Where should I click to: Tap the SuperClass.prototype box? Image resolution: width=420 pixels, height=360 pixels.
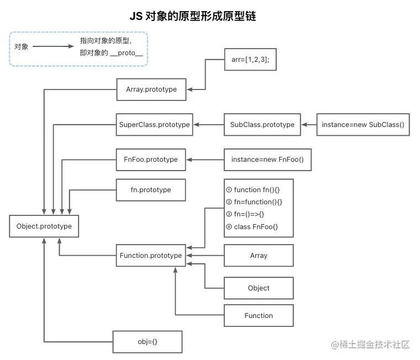point(154,125)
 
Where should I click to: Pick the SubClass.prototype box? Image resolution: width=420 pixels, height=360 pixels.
point(262,125)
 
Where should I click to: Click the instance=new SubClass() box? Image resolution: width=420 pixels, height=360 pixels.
point(363,125)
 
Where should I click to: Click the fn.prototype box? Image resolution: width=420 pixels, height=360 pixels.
point(151,190)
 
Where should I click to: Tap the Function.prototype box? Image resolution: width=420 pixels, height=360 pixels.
point(151,256)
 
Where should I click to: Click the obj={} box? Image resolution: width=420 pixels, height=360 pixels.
point(148,342)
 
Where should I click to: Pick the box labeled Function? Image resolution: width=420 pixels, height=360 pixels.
point(258,316)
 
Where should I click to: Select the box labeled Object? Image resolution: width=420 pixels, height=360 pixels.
point(258,288)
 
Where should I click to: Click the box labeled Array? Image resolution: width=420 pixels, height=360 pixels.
point(258,256)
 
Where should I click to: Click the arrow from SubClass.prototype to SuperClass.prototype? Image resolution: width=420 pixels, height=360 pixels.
point(208,125)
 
